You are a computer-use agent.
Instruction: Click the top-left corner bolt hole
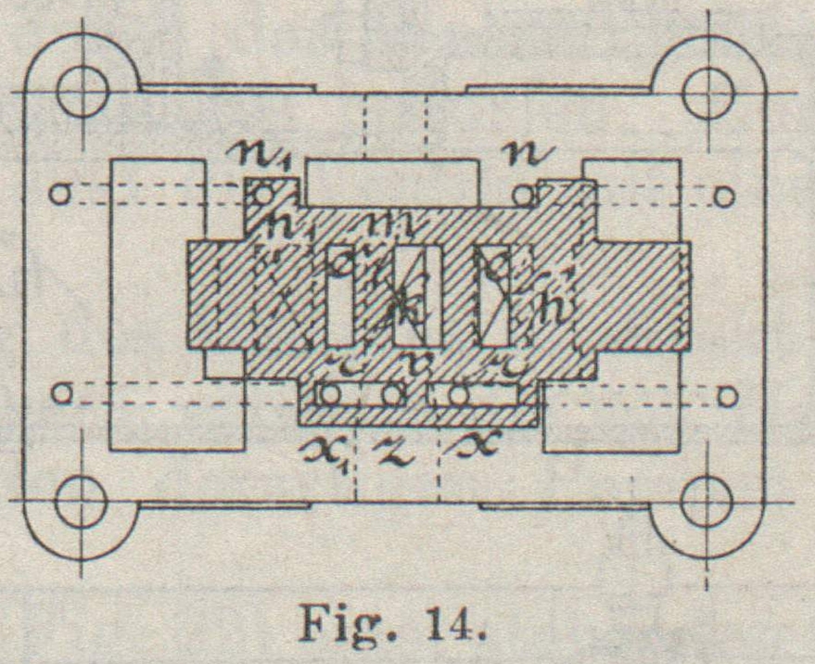click(83, 91)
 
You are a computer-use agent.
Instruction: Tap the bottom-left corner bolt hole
click(83, 503)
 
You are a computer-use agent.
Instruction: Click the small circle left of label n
click(524, 196)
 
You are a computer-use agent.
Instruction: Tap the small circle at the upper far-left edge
click(61, 195)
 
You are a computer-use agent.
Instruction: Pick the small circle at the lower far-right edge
click(728, 396)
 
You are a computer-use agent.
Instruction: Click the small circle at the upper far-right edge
click(725, 196)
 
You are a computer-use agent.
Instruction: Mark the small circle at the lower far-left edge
click(61, 393)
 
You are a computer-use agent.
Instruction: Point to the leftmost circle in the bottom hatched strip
click(327, 395)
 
